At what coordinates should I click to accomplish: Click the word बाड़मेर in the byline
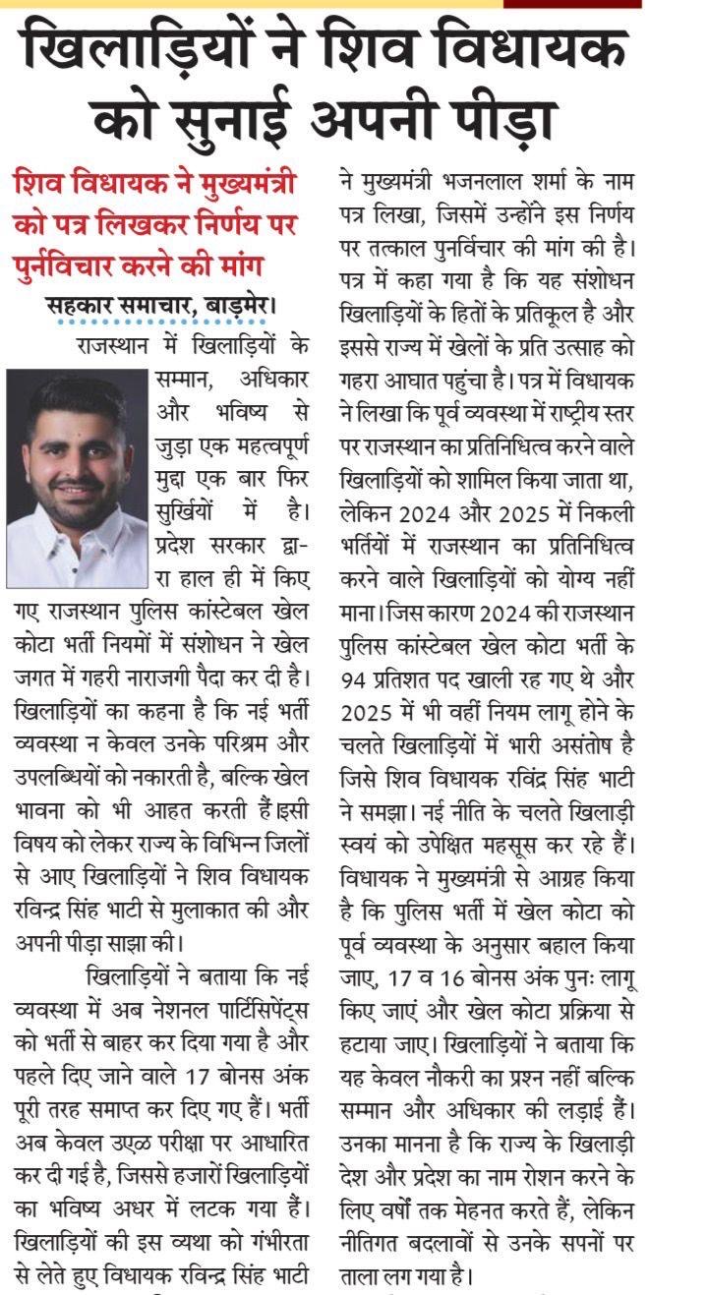[240, 306]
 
